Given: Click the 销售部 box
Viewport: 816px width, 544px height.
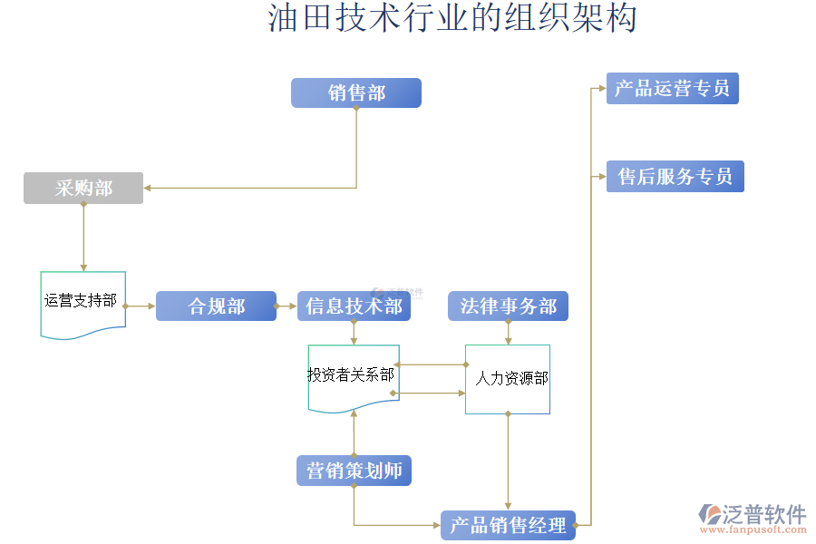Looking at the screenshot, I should coord(355,92).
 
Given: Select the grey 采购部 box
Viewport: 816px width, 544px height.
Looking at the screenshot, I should coord(83,188).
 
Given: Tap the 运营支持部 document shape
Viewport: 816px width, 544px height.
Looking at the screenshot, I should coord(83,302).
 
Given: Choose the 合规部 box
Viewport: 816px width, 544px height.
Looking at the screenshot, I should coord(216,306).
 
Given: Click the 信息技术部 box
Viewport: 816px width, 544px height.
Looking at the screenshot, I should coord(354,306).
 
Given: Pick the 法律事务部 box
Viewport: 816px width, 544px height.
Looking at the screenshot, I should coord(508,306).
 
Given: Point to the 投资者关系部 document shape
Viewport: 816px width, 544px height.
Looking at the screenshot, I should coord(353,375).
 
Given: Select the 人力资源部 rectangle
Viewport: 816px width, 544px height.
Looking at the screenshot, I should coord(508,379).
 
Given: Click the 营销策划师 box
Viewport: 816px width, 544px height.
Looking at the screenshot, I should coord(354,471).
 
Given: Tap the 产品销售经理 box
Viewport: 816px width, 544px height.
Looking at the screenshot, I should coord(508,524).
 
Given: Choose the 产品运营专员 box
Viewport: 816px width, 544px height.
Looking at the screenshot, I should coord(672,89).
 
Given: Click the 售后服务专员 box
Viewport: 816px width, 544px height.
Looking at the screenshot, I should coord(675,176).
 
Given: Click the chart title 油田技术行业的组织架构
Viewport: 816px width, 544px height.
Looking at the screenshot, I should coord(452,18).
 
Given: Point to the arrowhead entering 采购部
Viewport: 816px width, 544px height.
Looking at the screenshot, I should coord(148,188).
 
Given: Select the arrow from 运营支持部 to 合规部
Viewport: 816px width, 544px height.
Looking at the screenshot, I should coord(141,306).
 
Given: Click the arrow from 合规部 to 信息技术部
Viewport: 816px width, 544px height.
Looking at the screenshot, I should coord(286,306).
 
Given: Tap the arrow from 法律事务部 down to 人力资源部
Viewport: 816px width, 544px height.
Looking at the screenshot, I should coord(508,333).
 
